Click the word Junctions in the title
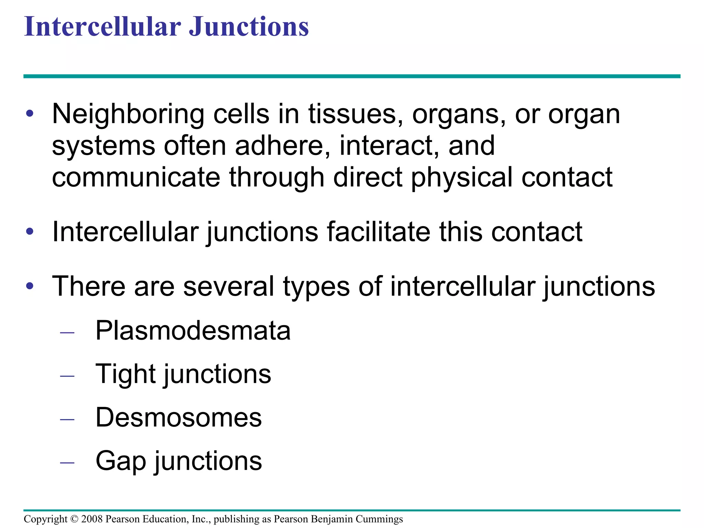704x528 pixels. pyautogui.click(x=249, y=27)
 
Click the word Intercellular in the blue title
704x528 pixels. pyautogui.click(x=102, y=27)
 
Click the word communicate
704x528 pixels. pyautogui.click(x=136, y=177)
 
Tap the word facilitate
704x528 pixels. pyautogui.click(x=378, y=232)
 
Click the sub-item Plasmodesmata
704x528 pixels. pyautogui.click(x=193, y=331)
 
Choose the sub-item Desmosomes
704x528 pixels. pyautogui.click(x=178, y=418)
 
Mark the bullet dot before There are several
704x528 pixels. pyautogui.click(x=30, y=286)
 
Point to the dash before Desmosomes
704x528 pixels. pyautogui.click(x=67, y=419)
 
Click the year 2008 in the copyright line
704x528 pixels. pyautogui.click(x=92, y=519)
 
